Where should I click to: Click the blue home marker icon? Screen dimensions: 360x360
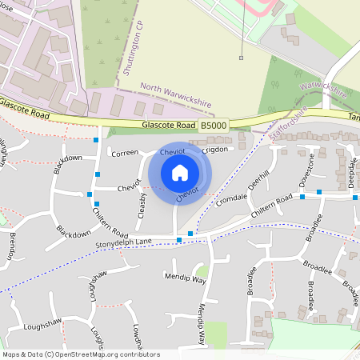(x=180, y=172)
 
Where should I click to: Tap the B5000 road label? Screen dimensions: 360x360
(x=214, y=126)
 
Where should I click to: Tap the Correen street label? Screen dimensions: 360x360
(x=125, y=152)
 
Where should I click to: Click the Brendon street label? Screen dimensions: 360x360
(x=12, y=246)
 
